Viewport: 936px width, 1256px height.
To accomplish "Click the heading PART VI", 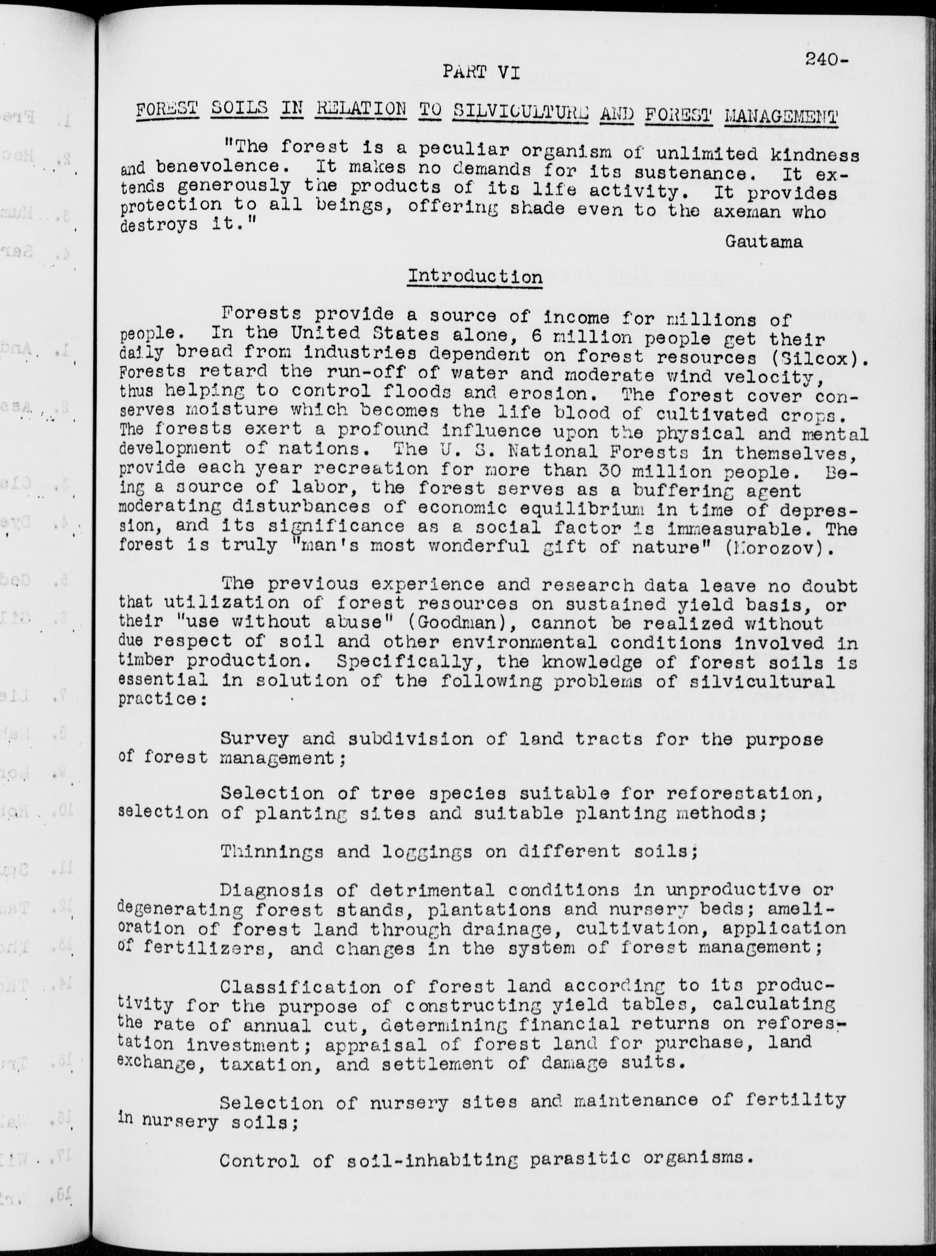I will (480, 72).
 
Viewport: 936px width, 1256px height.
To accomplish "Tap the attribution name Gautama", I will (764, 241).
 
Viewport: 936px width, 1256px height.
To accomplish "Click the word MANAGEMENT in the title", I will (781, 117).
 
